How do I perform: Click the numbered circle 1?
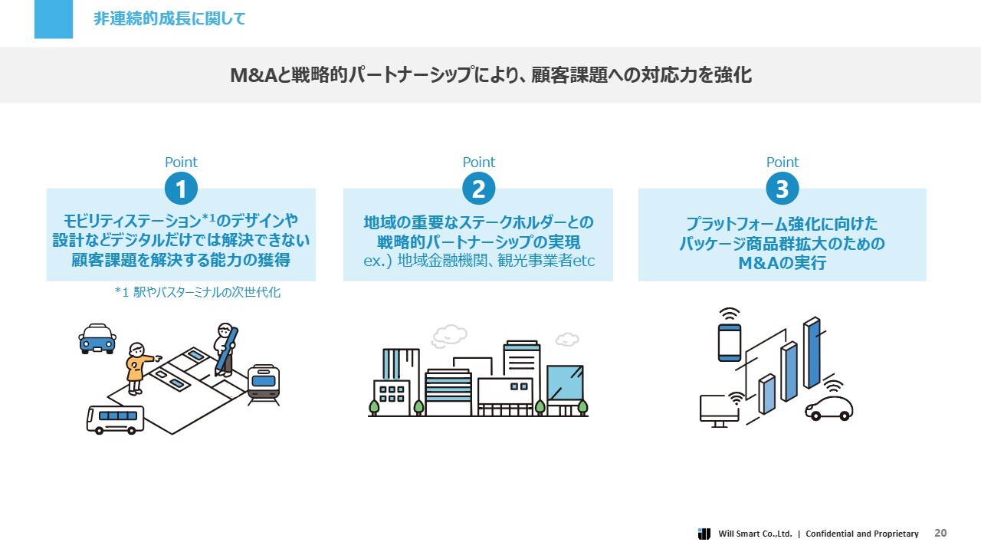point(181,189)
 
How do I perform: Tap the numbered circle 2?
point(478,189)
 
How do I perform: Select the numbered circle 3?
point(782,189)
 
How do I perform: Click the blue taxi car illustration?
point(97,337)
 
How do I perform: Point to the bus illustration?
point(115,419)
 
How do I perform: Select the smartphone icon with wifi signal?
point(729,340)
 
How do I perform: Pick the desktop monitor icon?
point(719,409)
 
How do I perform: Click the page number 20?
point(940,533)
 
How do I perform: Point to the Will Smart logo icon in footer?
point(704,534)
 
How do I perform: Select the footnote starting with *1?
point(197,292)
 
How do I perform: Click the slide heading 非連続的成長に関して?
point(169,19)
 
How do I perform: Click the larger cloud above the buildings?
point(449,335)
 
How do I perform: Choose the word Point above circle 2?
point(478,163)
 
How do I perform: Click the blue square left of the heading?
point(54,19)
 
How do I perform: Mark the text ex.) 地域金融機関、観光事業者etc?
point(478,261)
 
